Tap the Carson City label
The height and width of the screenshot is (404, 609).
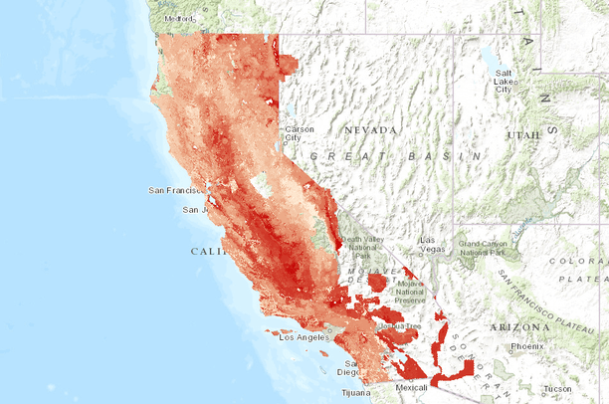pyautogui.click(x=298, y=132)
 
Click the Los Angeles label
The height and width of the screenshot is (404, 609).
pyautogui.click(x=300, y=338)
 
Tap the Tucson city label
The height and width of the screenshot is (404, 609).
pyautogui.click(x=558, y=388)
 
